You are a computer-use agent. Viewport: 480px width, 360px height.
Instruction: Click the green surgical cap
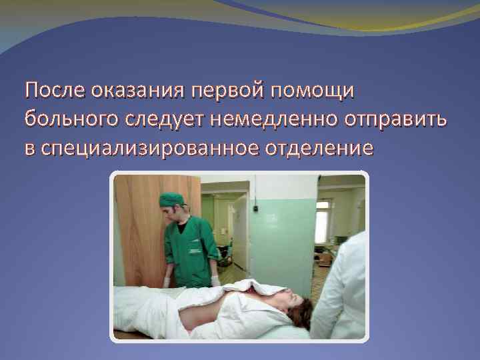coord(171,199)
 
